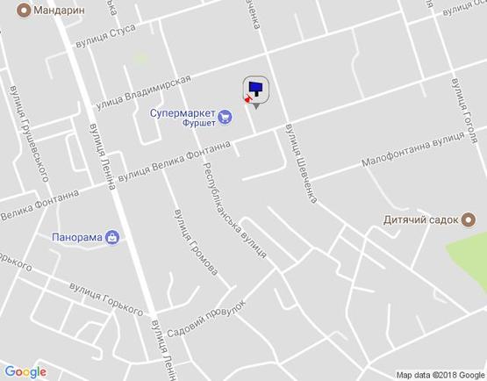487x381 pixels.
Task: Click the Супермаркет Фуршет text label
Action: pos(186,118)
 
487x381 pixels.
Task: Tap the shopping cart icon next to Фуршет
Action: pos(225,114)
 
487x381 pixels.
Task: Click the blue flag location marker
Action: pos(255,89)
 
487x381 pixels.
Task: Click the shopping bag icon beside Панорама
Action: pos(112,236)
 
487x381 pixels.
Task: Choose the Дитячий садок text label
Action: pos(422,220)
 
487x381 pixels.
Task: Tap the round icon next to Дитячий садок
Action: pos(469,220)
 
